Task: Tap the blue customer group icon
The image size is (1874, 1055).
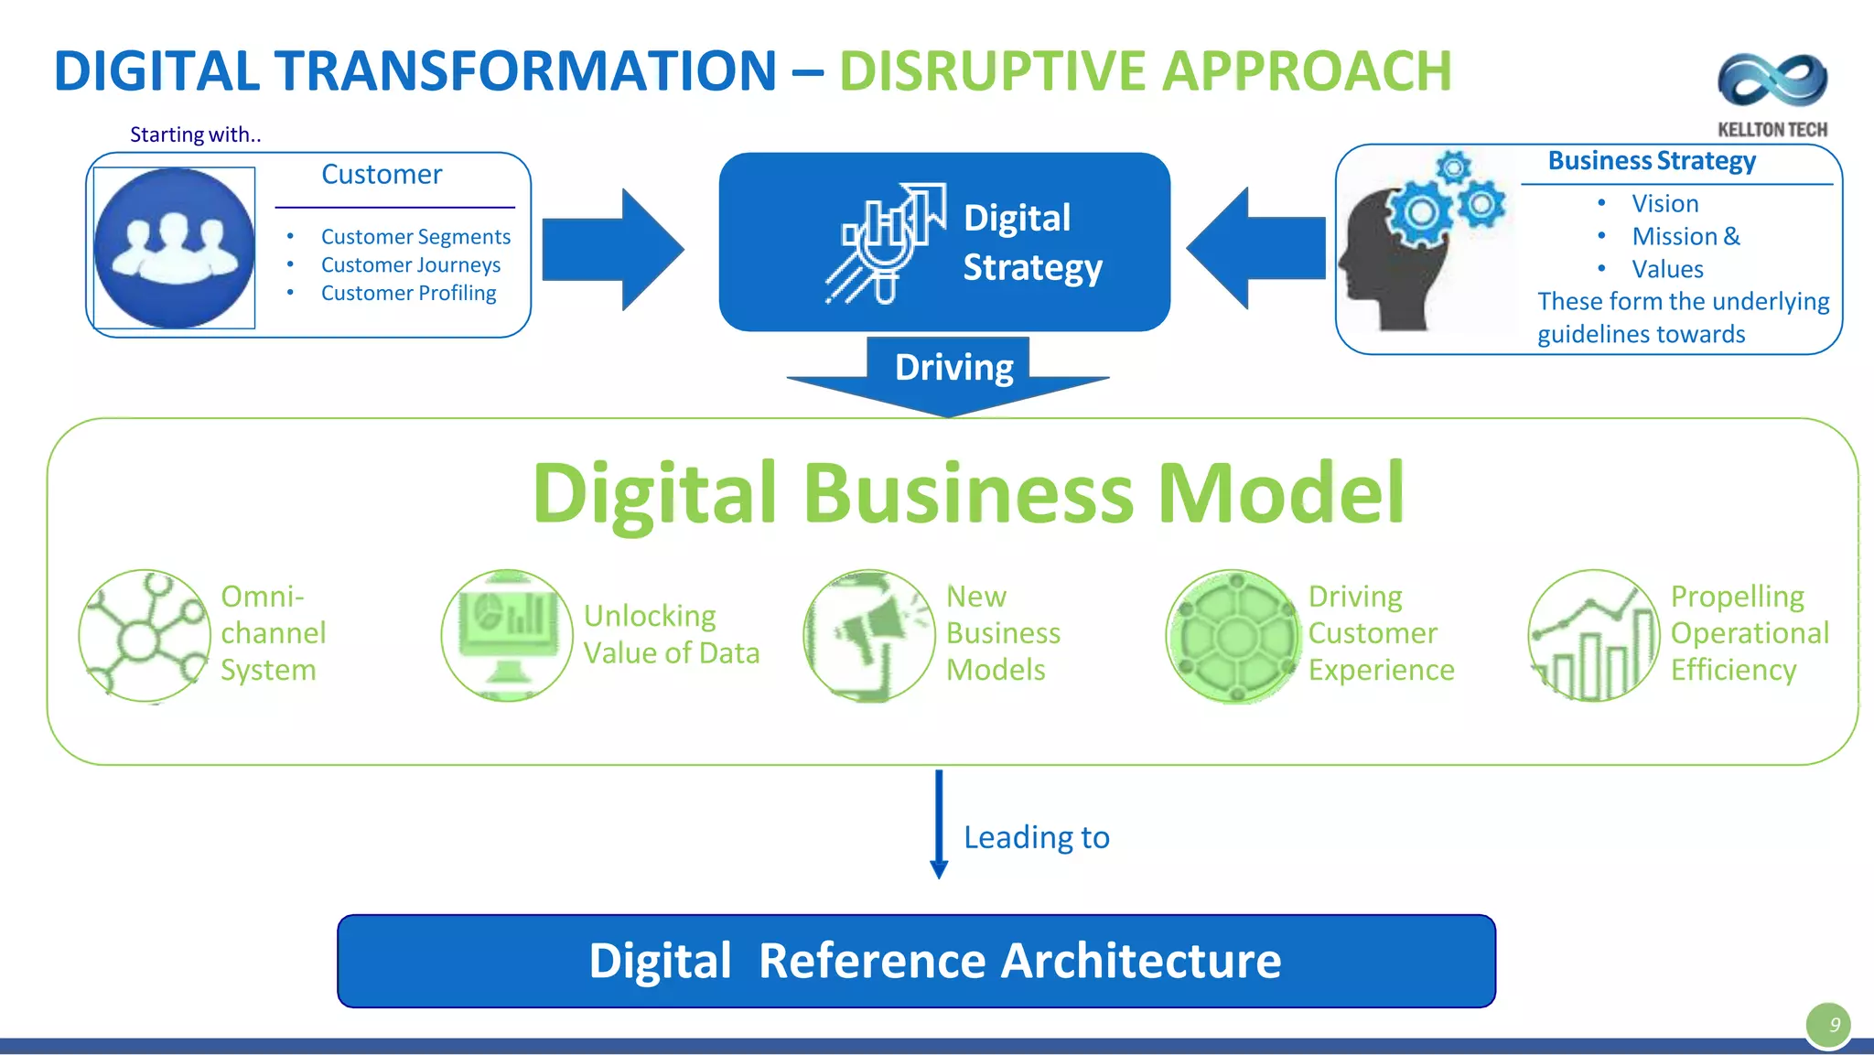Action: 174,247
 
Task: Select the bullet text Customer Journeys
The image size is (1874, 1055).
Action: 411,265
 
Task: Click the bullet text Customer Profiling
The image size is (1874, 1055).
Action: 408,294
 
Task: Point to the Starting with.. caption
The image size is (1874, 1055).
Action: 195,135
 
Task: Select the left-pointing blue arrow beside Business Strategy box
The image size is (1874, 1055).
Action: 1257,248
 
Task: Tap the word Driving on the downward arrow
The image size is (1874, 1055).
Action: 953,367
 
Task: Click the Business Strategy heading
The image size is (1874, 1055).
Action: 1652,161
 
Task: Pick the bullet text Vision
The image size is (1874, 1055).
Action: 1664,203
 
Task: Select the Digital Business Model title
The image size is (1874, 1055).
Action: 968,493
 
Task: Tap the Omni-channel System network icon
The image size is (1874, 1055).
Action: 145,636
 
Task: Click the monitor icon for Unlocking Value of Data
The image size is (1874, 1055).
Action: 507,636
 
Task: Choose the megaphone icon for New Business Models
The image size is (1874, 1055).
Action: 869,636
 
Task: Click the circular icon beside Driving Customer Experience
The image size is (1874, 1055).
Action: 1233,636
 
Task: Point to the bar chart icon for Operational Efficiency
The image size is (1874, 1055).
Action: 1593,636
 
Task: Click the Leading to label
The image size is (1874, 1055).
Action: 1036,837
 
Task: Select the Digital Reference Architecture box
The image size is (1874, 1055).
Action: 916,961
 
